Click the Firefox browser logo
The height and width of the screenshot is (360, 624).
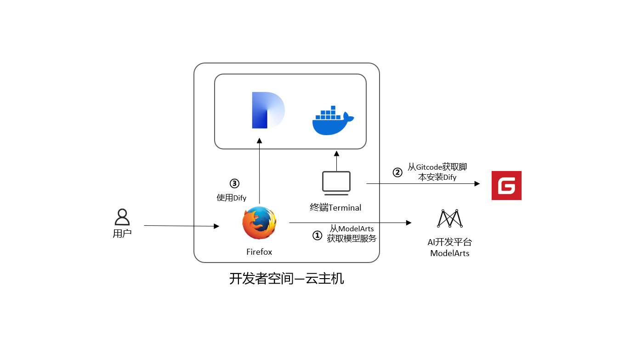pos(259,223)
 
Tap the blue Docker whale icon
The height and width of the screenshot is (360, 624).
pos(333,121)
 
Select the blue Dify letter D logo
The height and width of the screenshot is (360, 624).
pos(268,110)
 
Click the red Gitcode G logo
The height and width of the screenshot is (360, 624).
pos(506,185)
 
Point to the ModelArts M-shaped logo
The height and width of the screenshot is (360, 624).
pos(449,218)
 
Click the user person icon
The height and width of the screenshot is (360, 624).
pos(122,217)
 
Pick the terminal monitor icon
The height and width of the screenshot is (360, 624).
pos(336,182)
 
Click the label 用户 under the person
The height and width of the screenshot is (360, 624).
pos(122,234)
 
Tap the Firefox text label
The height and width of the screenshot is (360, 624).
pos(259,252)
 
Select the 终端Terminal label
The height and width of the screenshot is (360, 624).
pos(335,208)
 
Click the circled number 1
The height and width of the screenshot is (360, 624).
pos(318,235)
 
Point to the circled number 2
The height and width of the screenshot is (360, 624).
pos(397,172)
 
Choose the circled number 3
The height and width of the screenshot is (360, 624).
pos(234,183)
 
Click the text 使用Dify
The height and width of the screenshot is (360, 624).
pos(232,198)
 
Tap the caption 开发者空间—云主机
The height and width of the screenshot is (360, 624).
pos(286,279)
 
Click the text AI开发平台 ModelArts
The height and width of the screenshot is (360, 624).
pos(449,248)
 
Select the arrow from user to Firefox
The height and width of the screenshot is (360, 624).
pos(182,226)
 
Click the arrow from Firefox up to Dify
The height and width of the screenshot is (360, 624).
pos(259,170)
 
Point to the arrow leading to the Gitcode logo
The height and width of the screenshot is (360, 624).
pos(423,184)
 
